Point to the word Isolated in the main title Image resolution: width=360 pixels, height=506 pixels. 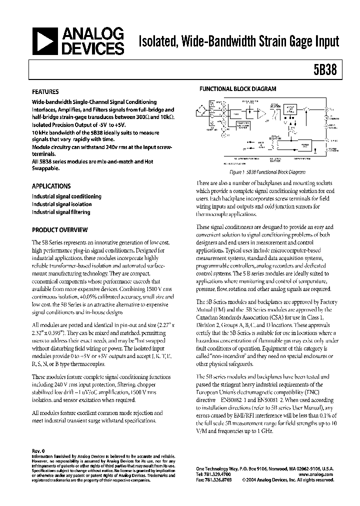point(158,41)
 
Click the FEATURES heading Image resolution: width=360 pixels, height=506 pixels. point(45,92)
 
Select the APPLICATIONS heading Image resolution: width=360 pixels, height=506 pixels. point(51,186)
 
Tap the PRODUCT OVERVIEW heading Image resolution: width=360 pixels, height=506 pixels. point(59,230)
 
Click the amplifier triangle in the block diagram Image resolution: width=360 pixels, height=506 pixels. point(261,113)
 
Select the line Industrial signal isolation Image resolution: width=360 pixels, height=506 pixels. point(62,204)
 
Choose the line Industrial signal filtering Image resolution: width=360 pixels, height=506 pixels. point(61,212)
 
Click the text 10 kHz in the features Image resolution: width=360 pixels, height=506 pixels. point(40,132)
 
